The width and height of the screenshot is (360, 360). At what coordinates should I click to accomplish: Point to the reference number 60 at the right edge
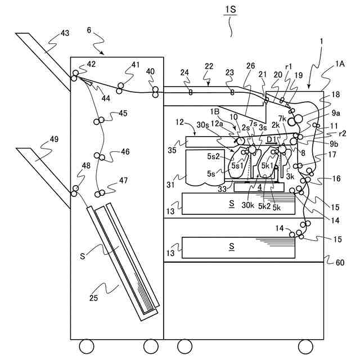point(339,262)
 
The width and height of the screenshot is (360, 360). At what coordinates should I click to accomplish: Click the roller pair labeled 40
point(154,91)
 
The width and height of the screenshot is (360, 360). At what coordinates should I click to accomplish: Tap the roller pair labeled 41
point(120,87)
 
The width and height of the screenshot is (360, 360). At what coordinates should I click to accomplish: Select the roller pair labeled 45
point(100,121)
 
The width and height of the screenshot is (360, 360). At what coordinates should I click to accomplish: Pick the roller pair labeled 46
point(100,156)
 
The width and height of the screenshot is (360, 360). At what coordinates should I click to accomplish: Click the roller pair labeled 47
point(100,194)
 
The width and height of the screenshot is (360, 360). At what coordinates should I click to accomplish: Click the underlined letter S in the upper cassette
point(232,204)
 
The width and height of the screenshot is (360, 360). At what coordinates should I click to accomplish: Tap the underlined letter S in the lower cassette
point(232,246)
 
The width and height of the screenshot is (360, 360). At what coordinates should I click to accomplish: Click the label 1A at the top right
point(341,65)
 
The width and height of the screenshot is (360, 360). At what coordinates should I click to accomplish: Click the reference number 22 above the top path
point(209,66)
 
